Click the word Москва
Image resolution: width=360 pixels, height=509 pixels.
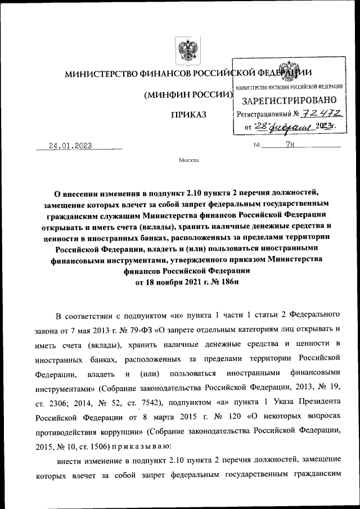click(188, 160)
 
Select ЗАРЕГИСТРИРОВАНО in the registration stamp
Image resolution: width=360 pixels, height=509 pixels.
click(289, 102)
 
